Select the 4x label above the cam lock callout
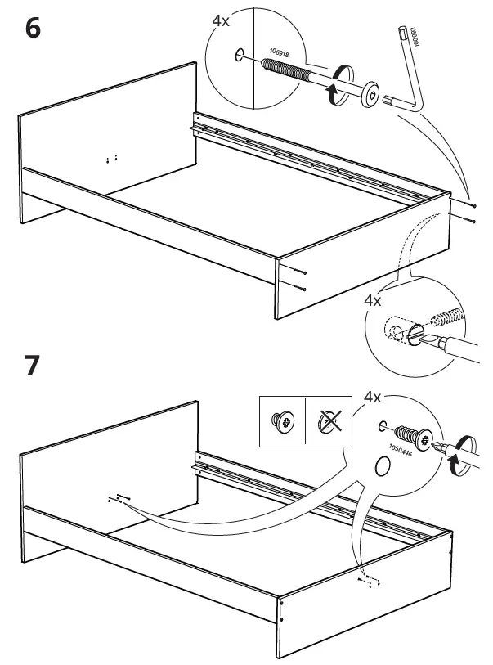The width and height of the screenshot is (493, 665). pyautogui.click(x=373, y=300)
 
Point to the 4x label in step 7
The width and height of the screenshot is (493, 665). pyautogui.click(x=372, y=398)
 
